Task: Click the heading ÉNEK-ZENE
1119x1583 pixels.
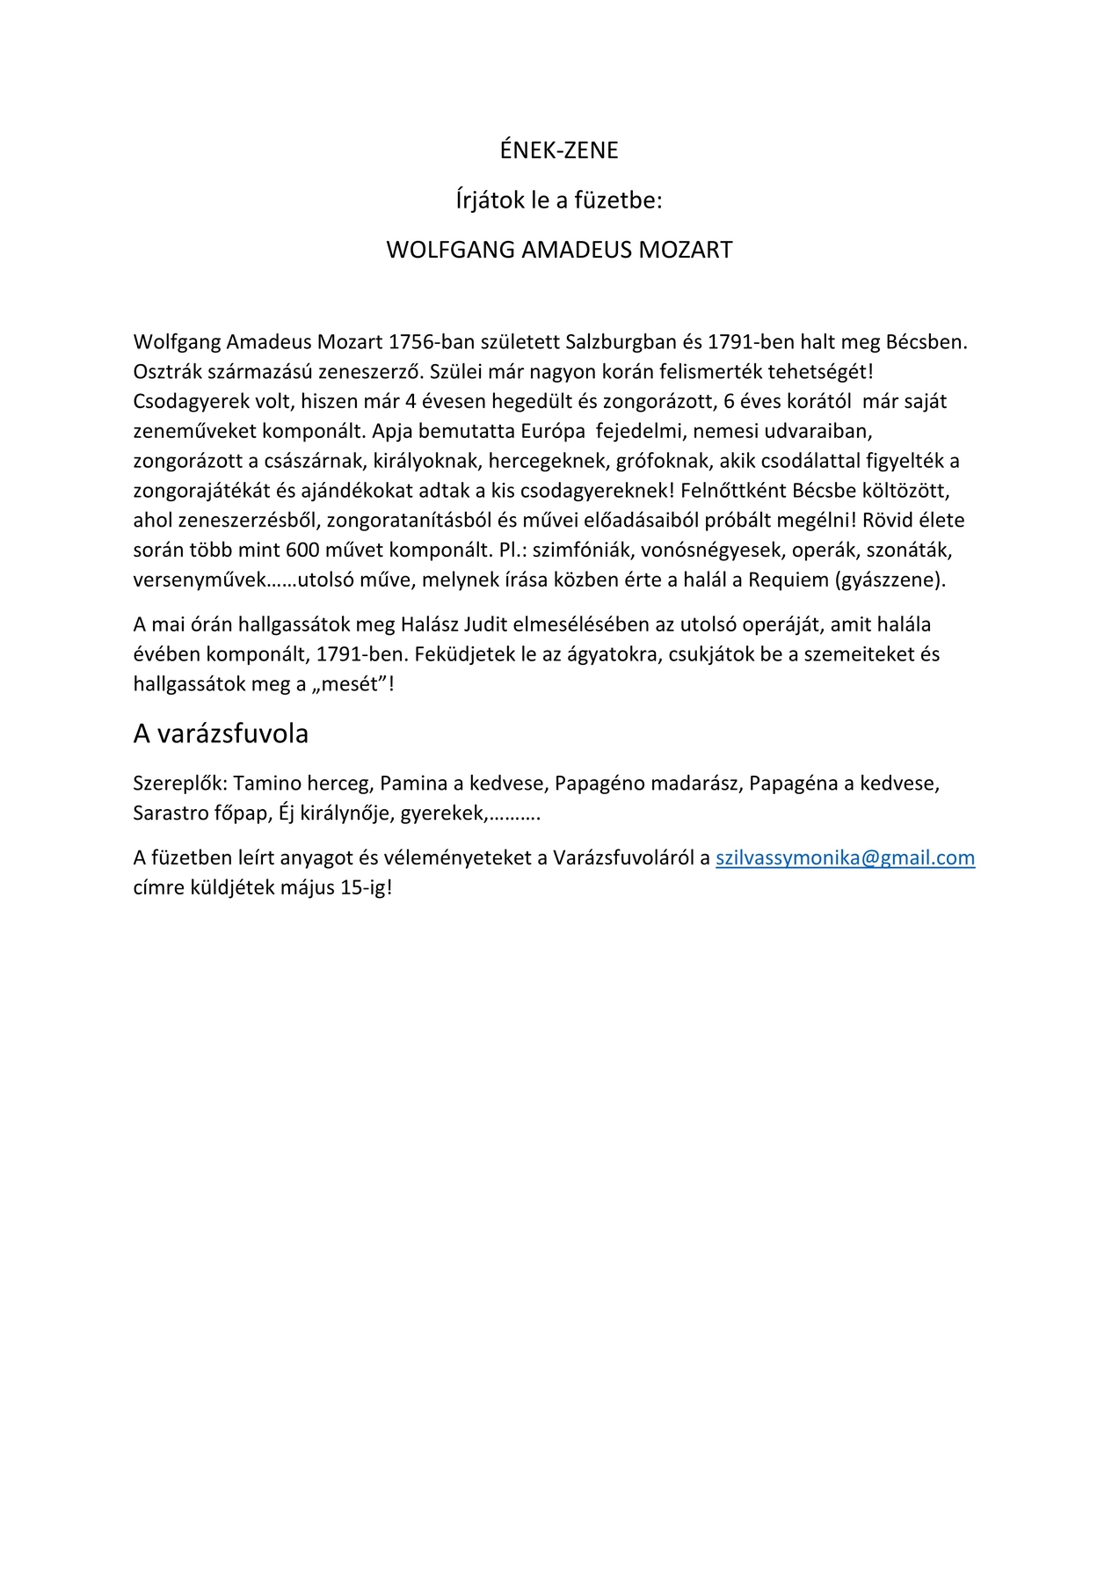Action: pyautogui.click(x=559, y=150)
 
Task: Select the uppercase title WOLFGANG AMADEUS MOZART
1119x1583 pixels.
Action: pyautogui.click(x=559, y=250)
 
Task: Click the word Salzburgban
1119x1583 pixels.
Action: pyautogui.click(x=621, y=341)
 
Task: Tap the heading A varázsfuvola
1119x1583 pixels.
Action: pyautogui.click(x=221, y=733)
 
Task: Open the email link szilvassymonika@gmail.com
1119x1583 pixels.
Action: pyautogui.click(x=845, y=858)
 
